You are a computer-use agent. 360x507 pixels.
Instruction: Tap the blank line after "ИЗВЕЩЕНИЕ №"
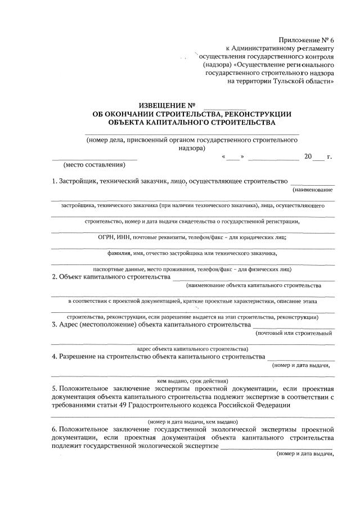click(x=224, y=105)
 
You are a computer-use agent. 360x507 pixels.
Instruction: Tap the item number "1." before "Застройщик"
click(x=55, y=181)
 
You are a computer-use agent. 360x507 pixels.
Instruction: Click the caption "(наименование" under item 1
click(x=312, y=190)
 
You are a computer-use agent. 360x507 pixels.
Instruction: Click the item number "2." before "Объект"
click(x=55, y=277)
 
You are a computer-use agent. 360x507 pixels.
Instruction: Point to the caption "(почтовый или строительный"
click(x=293, y=333)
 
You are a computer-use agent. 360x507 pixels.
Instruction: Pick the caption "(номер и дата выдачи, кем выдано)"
click(x=193, y=421)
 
